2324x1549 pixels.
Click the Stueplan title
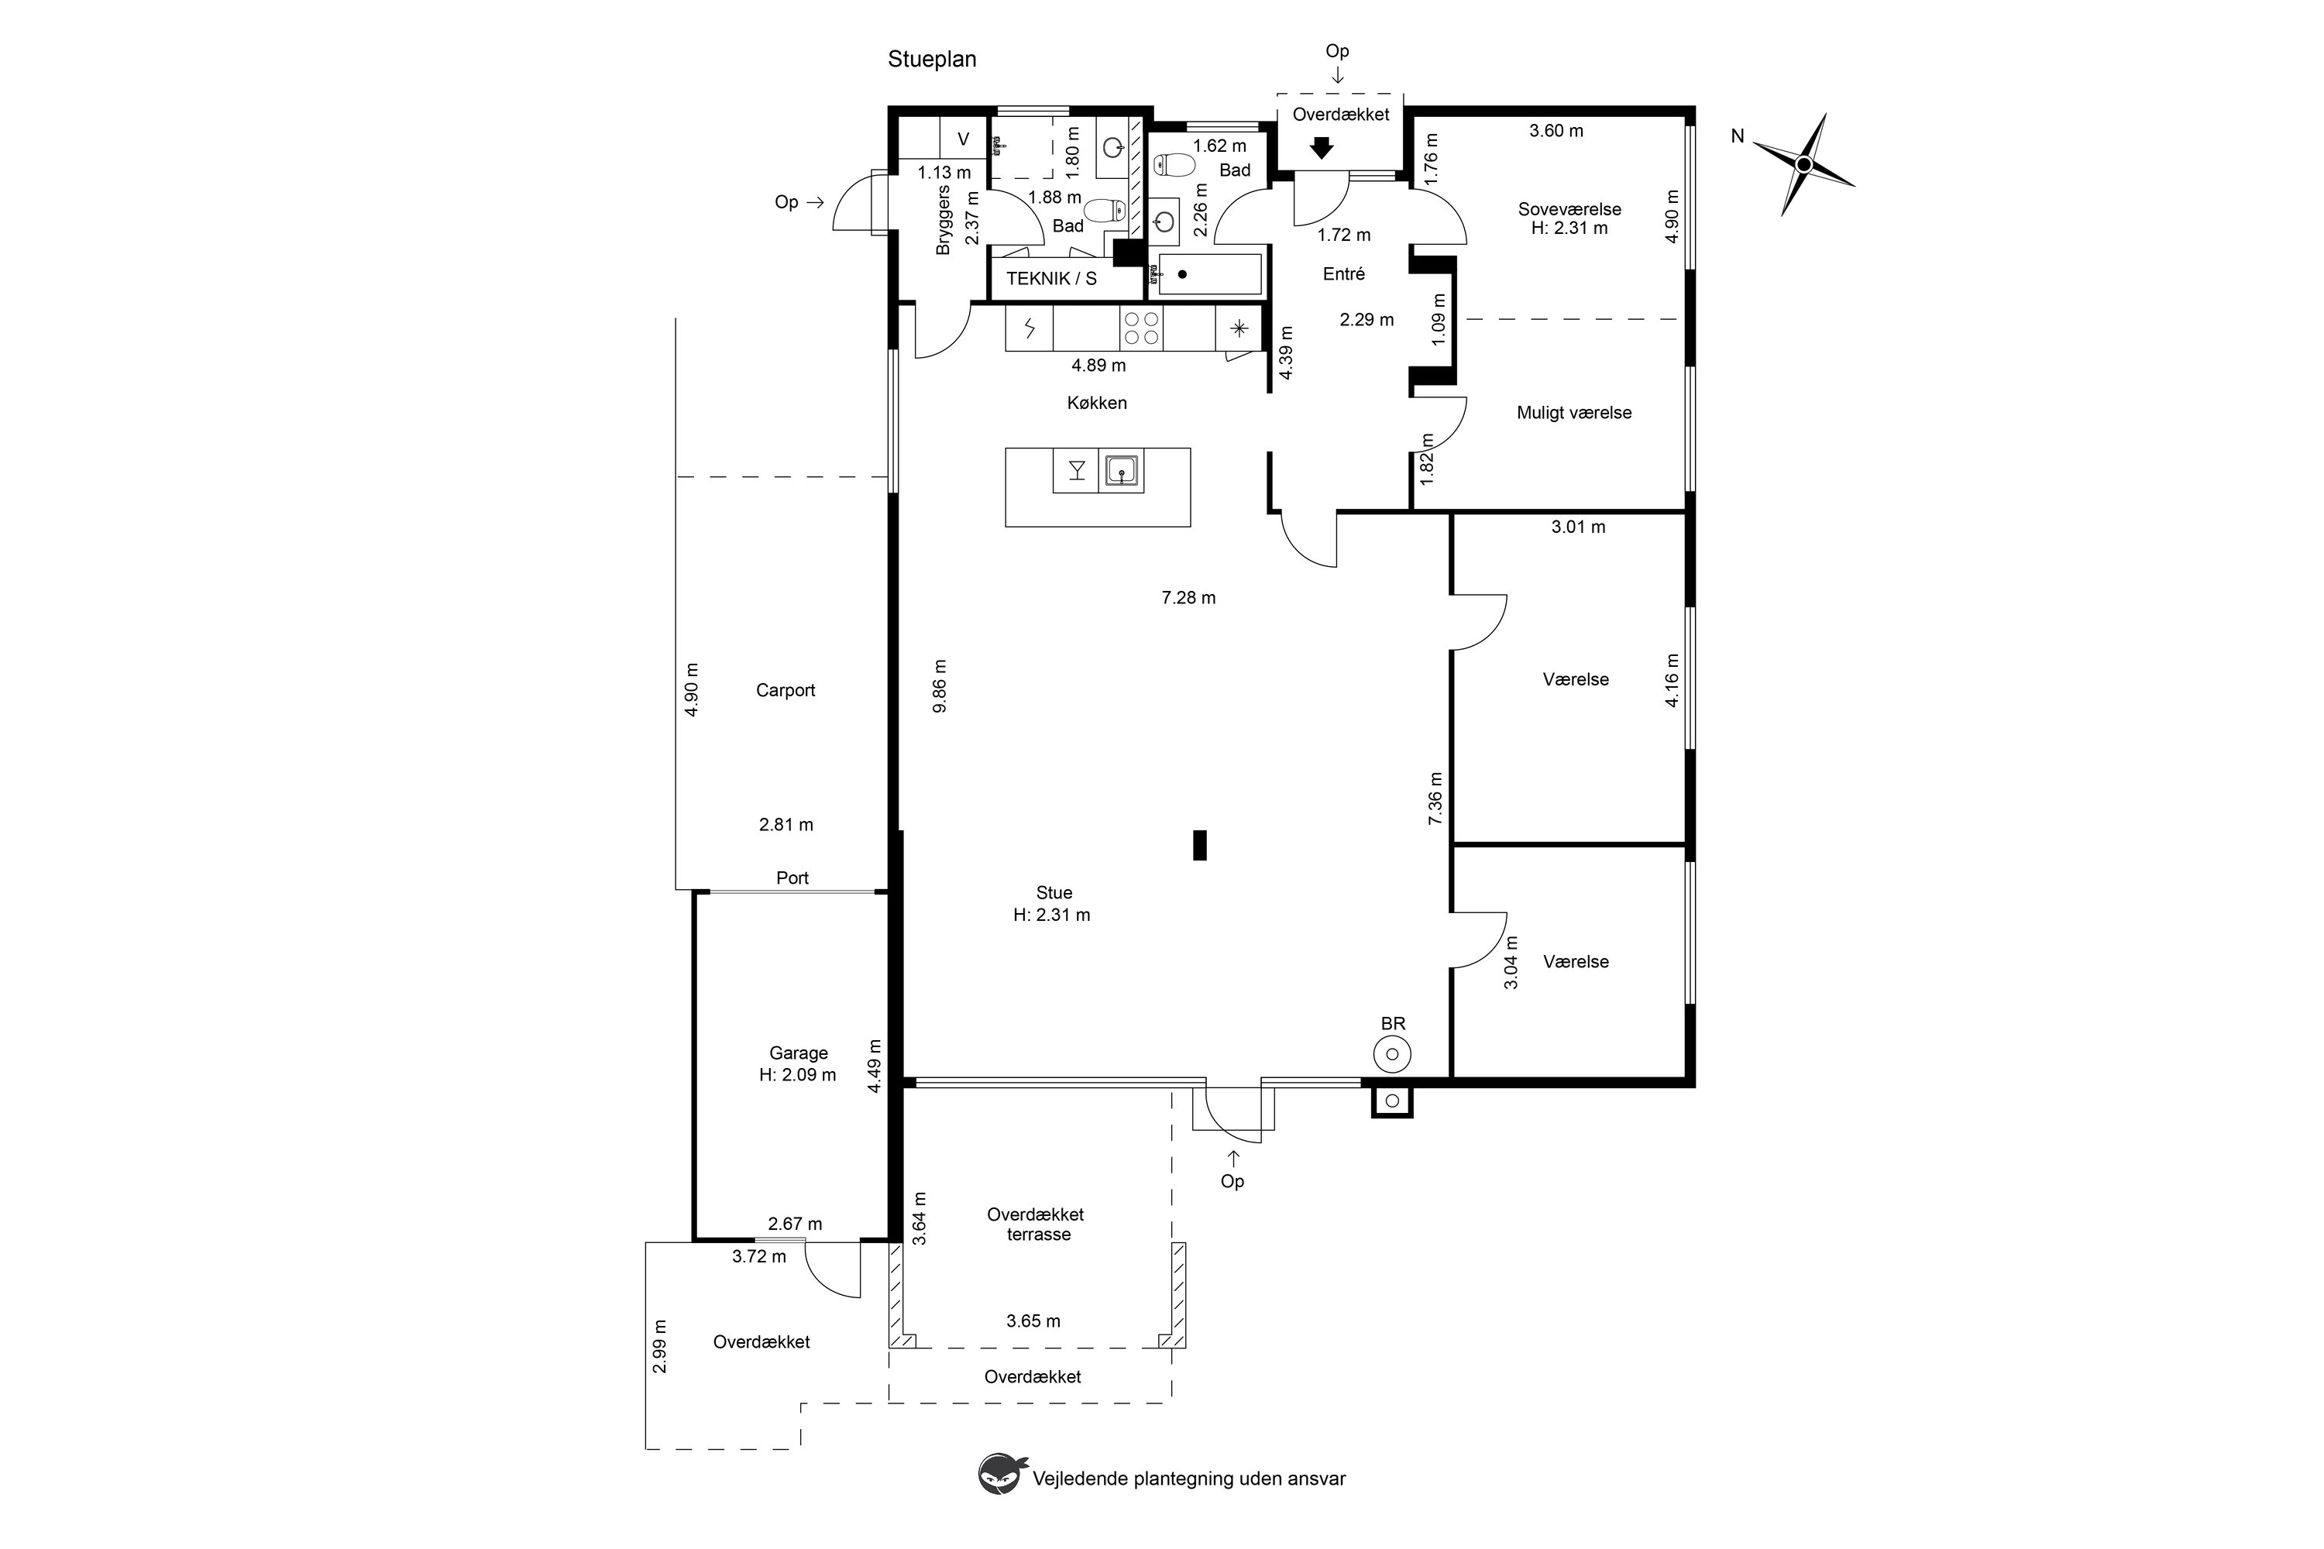[932, 60]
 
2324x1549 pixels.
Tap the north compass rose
[1803, 164]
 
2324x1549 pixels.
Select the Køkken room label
[1097, 403]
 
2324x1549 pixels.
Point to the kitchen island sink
[1122, 470]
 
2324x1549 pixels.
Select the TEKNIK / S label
[1051, 279]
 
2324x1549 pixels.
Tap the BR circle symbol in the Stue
[1392, 1055]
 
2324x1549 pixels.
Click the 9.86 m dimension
[940, 685]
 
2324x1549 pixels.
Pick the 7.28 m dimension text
[1188, 598]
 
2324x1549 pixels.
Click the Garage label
[799, 1053]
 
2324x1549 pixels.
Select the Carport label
[786, 691]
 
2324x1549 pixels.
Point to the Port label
[792, 878]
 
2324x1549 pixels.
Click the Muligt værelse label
[1574, 413]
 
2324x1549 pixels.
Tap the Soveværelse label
[1570, 209]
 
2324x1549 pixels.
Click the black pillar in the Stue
[1199, 846]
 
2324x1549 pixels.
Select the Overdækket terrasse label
[1036, 1224]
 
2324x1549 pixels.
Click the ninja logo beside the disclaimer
[1001, 1473]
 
